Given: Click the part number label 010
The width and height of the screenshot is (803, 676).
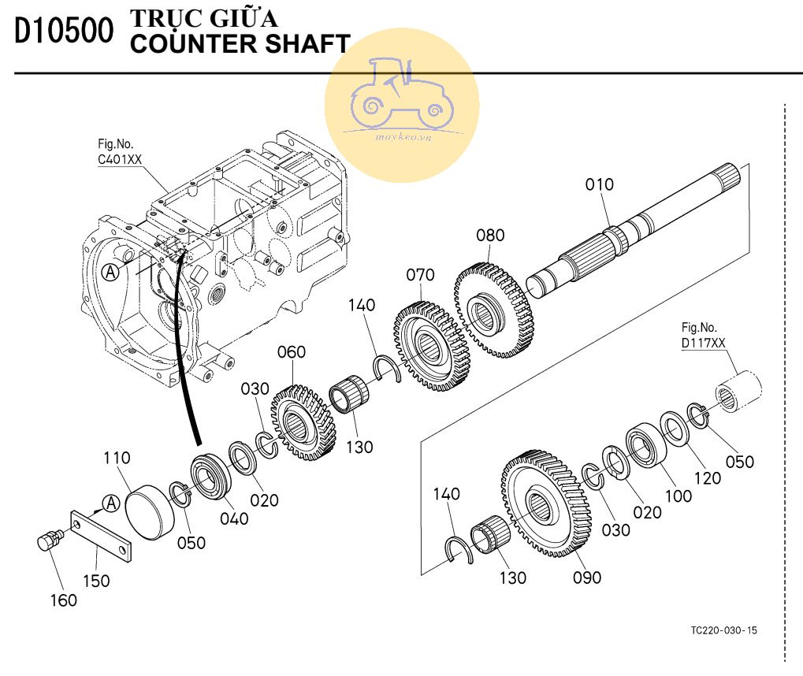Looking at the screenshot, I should pyautogui.click(x=599, y=184).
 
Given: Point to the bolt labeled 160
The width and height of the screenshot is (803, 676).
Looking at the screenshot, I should pyautogui.click(x=50, y=543).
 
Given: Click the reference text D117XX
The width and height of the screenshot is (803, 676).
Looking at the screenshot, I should pyautogui.click(x=704, y=343).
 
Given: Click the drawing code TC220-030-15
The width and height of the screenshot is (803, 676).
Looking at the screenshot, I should pyautogui.click(x=723, y=630).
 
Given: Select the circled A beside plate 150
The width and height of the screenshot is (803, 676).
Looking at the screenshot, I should pyautogui.click(x=111, y=503).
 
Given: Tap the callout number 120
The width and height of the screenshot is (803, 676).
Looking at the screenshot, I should pyautogui.click(x=707, y=477).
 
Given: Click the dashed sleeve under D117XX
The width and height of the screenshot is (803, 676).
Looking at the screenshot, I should pyautogui.click(x=739, y=392).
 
